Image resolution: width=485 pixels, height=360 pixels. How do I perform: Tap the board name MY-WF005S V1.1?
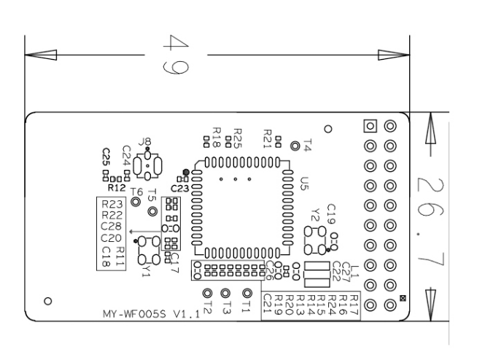[150, 316]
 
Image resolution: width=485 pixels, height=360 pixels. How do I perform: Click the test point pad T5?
[153, 211]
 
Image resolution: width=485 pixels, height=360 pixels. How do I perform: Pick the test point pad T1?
[247, 294]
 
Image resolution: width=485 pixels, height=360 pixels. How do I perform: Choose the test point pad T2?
[207, 294]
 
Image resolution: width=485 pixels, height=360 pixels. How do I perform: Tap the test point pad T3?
[226, 294]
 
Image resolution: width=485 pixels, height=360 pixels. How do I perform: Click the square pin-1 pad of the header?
[370, 126]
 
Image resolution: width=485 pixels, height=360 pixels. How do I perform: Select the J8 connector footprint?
[150, 164]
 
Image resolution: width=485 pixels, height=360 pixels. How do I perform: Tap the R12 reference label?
[117, 188]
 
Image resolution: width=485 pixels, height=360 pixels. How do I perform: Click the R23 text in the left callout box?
[113, 205]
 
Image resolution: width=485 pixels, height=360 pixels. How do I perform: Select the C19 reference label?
[331, 214]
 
